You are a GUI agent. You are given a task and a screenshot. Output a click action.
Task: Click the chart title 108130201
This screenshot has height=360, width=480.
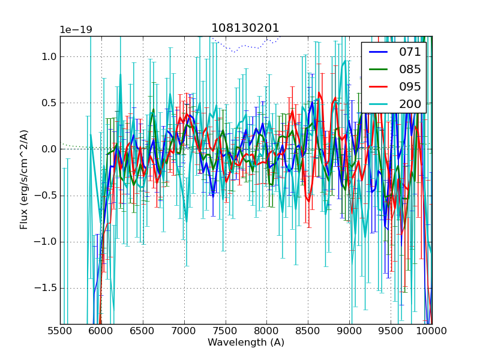tap(245, 28)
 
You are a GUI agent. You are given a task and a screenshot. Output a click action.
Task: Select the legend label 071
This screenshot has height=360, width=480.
tap(410, 52)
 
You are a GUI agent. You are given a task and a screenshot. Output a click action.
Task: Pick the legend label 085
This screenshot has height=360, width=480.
tap(410, 69)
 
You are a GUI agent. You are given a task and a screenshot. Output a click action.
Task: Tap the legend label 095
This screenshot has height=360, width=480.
tap(410, 86)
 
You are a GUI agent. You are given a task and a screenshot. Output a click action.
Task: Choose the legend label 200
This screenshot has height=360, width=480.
tap(410, 104)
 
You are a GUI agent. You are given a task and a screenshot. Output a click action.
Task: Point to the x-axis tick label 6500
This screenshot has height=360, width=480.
tap(143, 331)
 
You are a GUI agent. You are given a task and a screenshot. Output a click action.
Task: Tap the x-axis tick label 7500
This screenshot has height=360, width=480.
tap(226, 331)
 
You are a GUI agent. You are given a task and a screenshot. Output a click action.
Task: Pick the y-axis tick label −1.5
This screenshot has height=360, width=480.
tap(46, 288)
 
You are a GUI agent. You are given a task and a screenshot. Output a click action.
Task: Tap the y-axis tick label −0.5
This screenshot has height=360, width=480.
tap(46, 196)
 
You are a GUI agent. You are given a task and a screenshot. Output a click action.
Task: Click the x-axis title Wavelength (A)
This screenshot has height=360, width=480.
tap(246, 343)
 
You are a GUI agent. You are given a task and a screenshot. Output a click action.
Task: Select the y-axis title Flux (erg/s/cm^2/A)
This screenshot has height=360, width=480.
tap(24, 180)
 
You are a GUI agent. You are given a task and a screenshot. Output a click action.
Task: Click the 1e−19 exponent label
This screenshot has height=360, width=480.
tap(76, 30)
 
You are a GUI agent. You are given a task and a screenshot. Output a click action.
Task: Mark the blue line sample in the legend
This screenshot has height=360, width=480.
tap(378, 52)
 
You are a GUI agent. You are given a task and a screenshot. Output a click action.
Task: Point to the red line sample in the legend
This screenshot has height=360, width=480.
tap(378, 87)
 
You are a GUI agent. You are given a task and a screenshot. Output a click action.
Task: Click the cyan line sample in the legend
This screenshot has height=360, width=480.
tap(378, 104)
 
